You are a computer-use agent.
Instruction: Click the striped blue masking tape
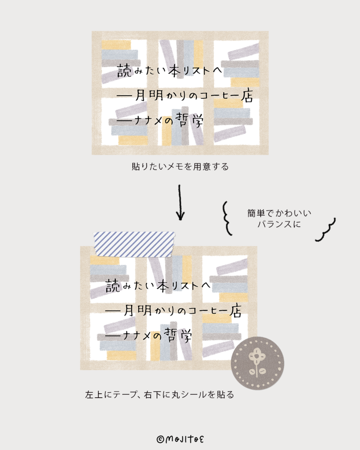pos(134,244)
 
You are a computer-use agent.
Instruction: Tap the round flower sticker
pos(258,363)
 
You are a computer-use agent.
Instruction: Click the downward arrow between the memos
pos(180,203)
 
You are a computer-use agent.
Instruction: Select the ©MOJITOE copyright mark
pos(180,439)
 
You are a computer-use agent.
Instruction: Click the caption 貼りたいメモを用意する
pos(180,167)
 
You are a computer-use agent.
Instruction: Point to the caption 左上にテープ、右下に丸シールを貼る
pos(160,395)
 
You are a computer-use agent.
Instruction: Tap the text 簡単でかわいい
pos(279,213)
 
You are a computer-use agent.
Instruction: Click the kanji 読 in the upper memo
pos(124,70)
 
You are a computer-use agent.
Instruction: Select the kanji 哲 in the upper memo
pos(182,120)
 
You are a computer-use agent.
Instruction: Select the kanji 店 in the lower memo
pos(235,311)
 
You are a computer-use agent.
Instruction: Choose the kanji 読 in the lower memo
pos(113,286)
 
